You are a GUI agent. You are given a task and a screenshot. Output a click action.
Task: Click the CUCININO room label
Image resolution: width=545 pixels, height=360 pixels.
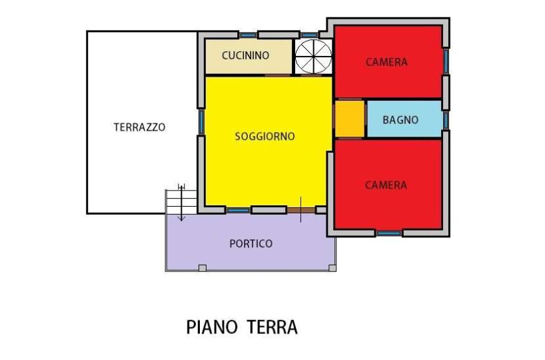pos(245,55)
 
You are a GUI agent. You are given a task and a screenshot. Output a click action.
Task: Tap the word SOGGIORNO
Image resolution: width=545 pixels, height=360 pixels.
pos(265,137)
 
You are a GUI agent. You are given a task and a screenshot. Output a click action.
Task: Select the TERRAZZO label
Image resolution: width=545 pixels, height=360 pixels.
pos(139,127)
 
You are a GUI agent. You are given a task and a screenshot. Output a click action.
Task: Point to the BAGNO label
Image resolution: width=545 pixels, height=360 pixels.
pos(400,120)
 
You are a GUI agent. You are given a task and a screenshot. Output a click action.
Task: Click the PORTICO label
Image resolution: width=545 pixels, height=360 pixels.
pos(251,243)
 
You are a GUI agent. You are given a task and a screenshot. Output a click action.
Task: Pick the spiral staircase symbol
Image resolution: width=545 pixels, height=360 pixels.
pos(314,57)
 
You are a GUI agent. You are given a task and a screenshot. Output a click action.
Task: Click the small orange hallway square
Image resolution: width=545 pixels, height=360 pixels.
pos(350,119)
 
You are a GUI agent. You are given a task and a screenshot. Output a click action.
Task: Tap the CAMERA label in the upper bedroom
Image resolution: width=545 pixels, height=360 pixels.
pos(386,62)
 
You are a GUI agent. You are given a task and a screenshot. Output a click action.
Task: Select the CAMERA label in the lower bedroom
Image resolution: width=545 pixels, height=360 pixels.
pos(386,185)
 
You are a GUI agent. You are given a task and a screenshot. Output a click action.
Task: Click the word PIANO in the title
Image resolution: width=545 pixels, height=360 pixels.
pos(212,327)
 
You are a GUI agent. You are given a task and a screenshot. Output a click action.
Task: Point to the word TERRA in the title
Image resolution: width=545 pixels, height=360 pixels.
pos(272,327)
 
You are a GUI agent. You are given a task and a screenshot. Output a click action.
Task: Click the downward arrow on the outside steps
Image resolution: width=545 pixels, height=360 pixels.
pos(181,203)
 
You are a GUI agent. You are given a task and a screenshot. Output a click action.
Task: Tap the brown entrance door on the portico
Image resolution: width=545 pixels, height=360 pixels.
pos(301,210)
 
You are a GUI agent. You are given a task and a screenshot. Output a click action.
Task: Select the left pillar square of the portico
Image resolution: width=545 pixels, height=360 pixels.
pos(203,268)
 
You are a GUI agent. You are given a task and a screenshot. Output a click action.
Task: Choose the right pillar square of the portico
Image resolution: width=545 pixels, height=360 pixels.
pos(332,268)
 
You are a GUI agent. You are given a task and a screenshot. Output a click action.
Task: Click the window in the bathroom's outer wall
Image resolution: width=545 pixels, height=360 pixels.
pos(446,121)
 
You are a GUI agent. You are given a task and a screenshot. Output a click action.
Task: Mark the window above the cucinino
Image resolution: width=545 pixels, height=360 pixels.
pos(248,35)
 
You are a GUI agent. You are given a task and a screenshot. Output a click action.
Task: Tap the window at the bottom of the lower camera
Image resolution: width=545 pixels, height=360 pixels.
pos(389,233)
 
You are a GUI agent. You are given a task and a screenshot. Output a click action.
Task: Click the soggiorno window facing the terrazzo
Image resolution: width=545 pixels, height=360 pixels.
pos(201,122)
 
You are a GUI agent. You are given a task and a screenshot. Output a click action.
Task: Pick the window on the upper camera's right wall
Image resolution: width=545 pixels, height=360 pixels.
pos(446,61)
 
